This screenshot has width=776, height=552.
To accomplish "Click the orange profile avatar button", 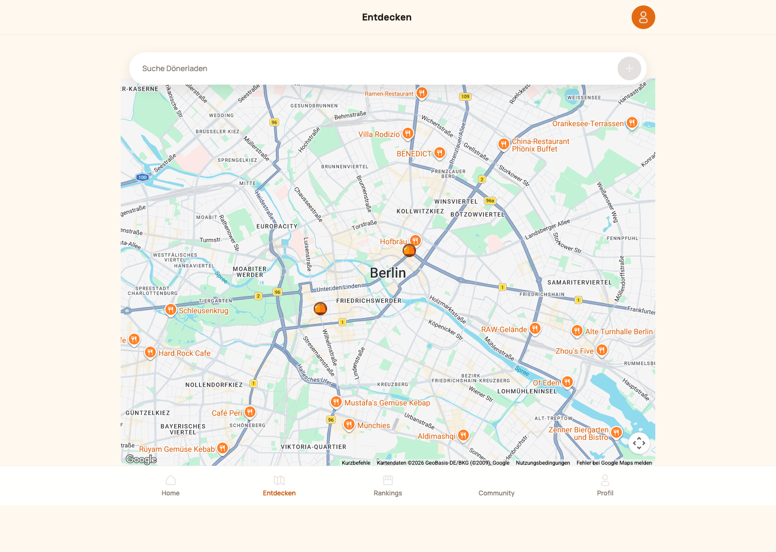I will click(643, 17).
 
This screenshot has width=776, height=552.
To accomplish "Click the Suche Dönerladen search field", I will click(372, 68).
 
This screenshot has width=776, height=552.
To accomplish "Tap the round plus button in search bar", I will click(629, 68).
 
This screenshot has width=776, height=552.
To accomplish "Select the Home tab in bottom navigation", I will click(170, 485).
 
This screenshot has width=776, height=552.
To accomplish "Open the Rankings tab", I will click(388, 485).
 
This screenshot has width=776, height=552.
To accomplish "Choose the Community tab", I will click(496, 485).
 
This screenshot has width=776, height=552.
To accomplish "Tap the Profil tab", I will click(605, 485).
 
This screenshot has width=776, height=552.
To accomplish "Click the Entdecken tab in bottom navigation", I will click(279, 485).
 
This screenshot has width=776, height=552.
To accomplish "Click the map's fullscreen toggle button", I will click(639, 443).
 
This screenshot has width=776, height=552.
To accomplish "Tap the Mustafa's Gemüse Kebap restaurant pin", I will click(336, 402).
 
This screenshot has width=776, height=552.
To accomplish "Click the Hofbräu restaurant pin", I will click(415, 240).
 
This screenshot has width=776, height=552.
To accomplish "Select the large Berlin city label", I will click(388, 273).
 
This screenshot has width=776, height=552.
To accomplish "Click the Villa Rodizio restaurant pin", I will click(408, 133).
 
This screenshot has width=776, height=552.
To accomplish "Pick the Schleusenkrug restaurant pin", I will click(171, 309).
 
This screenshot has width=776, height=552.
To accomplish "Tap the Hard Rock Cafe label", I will click(184, 354).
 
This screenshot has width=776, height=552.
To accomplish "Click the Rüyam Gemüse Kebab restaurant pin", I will click(223, 448).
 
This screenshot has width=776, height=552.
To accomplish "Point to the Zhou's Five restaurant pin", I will click(602, 350).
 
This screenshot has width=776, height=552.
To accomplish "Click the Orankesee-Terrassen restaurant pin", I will click(632, 123).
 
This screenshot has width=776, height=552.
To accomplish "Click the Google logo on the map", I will click(141, 459).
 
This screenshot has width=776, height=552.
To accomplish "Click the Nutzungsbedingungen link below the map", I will click(543, 463).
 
